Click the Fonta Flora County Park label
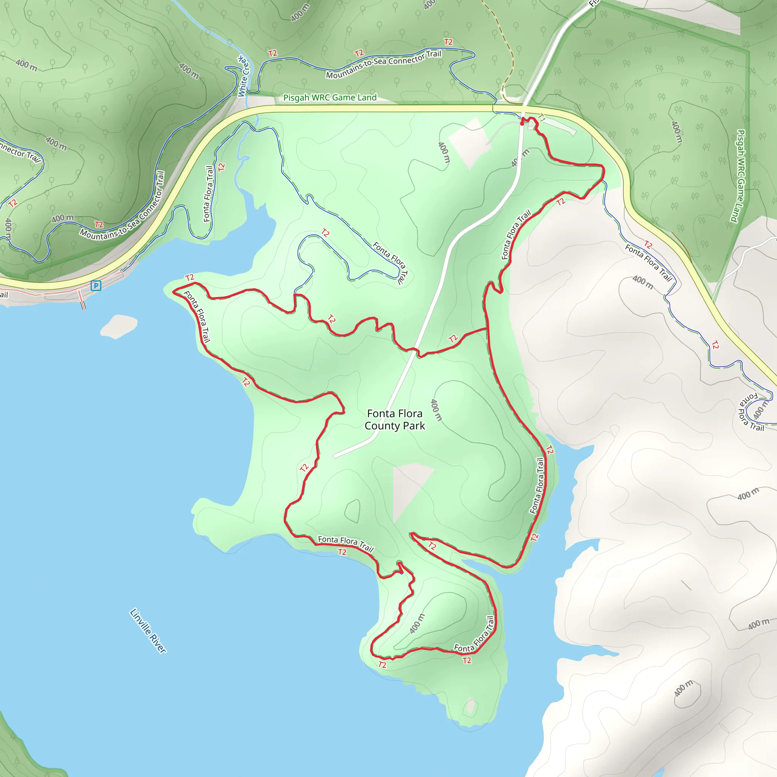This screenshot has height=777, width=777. coord(395,420)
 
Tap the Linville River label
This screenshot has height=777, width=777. coord(148,630)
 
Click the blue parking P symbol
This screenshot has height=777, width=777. coord(96,286)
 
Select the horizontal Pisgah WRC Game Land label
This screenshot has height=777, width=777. coord(330,98)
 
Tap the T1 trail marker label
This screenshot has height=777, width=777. coord(542,118)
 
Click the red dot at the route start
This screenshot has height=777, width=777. coord(522,123)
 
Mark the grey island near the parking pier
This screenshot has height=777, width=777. coord(119,326)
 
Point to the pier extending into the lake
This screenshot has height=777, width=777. coord(82,299)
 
